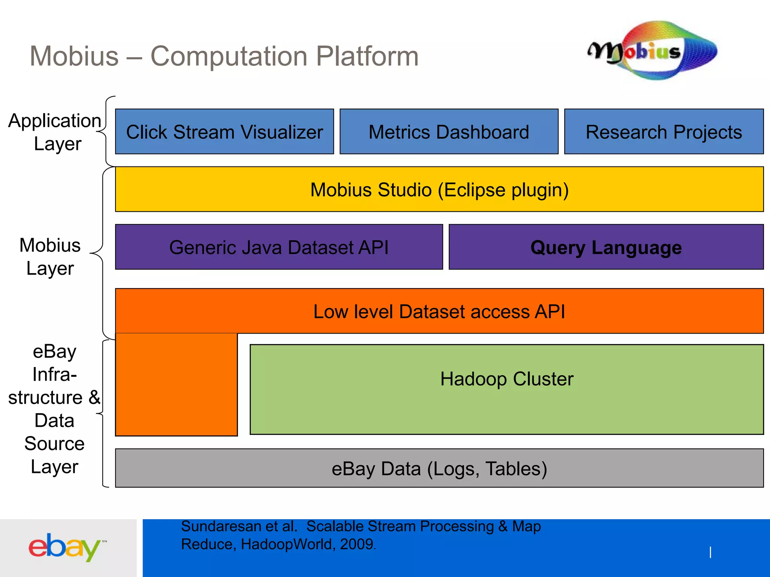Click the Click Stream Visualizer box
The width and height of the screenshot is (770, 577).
224,131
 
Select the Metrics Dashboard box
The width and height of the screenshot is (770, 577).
449,131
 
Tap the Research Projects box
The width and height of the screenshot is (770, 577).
664,131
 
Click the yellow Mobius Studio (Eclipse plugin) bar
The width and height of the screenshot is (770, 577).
439,189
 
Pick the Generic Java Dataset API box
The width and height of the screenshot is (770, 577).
279,247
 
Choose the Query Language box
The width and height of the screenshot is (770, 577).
606,247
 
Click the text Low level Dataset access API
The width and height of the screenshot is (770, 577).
439,311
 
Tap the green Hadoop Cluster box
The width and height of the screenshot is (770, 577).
506,389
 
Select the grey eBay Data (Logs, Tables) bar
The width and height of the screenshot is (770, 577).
439,468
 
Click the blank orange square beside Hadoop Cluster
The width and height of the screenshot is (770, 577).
176,385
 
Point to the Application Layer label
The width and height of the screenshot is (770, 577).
55,132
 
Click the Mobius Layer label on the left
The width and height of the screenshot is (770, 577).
50,257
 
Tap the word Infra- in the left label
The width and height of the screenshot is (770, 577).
55,374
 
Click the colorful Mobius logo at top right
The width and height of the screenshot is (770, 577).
653,51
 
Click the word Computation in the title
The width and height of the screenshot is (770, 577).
229,56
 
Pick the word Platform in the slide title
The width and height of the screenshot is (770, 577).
367,56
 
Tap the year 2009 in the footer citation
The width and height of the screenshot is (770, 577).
356,544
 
